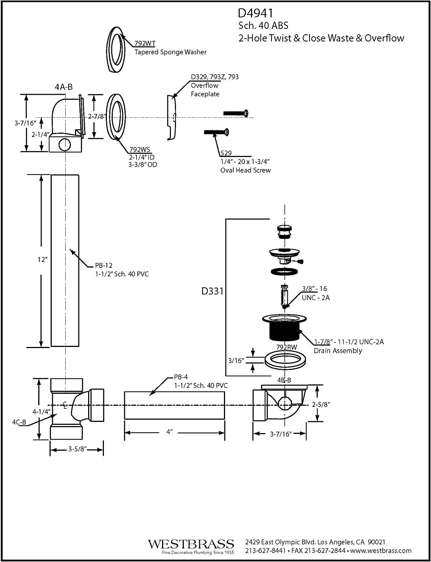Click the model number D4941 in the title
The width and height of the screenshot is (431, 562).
(255, 13)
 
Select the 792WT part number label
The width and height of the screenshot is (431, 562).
(145, 43)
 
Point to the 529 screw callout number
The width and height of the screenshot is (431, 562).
(226, 153)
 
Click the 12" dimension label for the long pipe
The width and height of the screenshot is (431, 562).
(42, 259)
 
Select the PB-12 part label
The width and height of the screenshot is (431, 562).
(104, 265)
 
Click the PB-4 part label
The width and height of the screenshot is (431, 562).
(181, 377)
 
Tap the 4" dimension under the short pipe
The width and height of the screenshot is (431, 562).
(170, 432)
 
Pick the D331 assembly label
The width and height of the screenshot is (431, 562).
(212, 291)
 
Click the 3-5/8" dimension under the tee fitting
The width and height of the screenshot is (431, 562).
(77, 449)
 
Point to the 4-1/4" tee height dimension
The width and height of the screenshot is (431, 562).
(41, 411)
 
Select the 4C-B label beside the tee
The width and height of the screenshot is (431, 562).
(19, 422)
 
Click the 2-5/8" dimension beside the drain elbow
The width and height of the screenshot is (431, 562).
(321, 404)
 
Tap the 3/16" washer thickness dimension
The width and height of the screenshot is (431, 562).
(236, 360)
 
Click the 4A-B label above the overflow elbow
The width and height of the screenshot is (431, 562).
(63, 87)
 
